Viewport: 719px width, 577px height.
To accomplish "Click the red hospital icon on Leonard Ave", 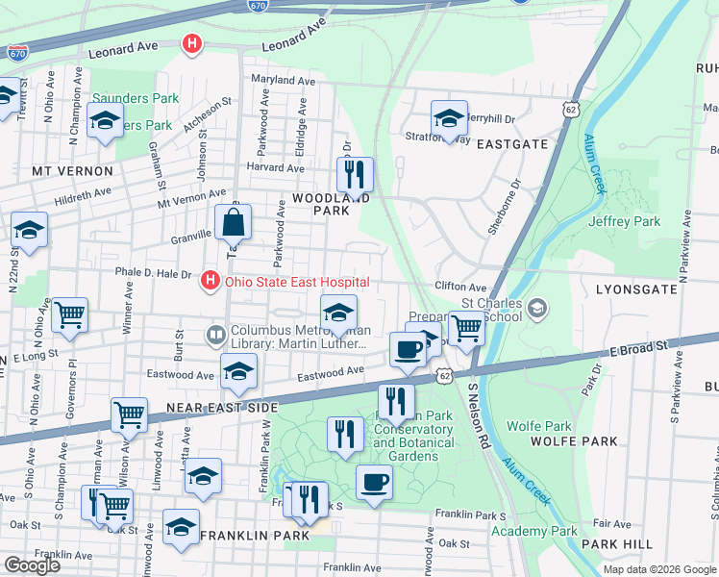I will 192,44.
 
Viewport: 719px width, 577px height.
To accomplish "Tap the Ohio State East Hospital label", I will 297,282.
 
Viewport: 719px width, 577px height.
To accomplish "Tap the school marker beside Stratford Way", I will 449,120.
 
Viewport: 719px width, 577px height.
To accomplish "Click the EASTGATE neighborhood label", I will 508,144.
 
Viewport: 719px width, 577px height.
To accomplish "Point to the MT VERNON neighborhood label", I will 72,171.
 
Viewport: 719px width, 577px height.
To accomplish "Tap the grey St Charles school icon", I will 537,309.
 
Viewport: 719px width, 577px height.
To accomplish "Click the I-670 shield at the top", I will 257,5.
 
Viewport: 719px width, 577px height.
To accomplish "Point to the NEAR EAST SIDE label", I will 223,408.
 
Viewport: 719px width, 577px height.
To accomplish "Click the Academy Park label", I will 534,531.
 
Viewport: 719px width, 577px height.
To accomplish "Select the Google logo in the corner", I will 32,564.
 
